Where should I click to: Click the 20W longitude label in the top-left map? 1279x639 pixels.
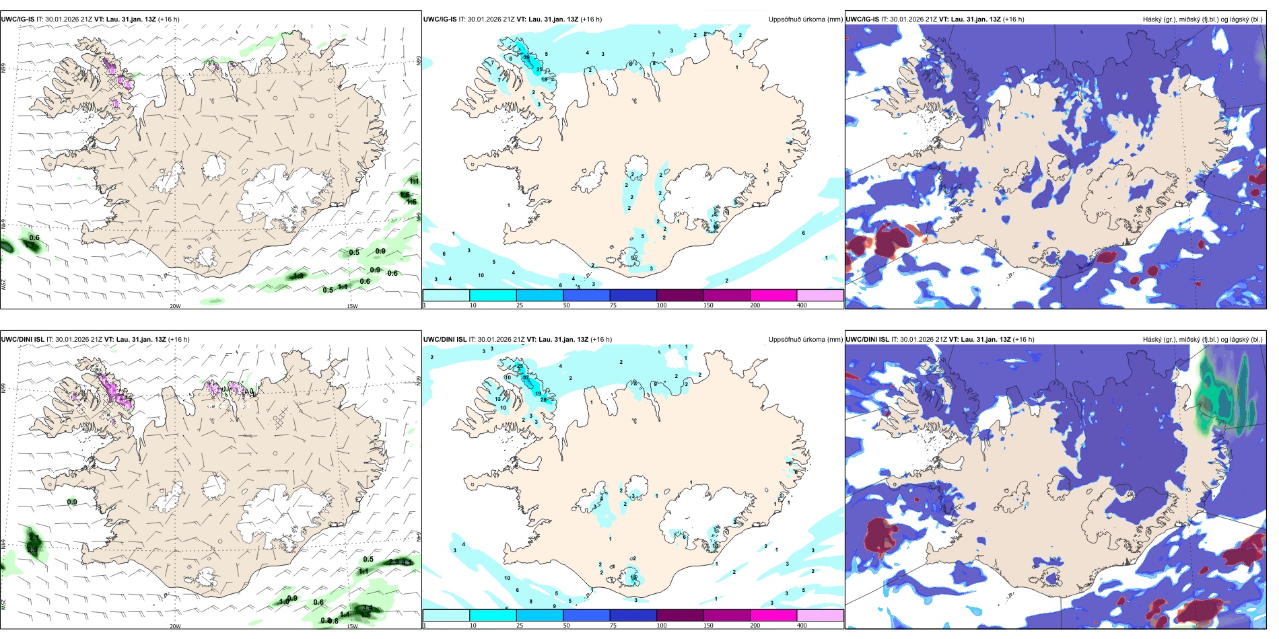(175, 306)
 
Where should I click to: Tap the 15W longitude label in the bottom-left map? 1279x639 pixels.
(352, 626)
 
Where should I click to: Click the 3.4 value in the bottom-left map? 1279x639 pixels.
(367, 608)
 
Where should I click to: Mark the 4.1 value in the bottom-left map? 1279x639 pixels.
(407, 562)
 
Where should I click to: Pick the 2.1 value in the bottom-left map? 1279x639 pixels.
(33, 537)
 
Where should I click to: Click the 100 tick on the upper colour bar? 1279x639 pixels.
(661, 305)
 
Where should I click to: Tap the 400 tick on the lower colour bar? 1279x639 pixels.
(802, 626)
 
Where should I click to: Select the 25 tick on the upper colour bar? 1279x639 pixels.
(519, 305)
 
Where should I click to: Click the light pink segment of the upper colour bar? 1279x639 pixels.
(819, 295)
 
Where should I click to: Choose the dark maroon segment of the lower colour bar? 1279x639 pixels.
(679, 615)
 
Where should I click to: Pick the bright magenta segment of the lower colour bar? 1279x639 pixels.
(773, 615)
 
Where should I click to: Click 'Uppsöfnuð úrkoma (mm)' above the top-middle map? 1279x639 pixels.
(805, 20)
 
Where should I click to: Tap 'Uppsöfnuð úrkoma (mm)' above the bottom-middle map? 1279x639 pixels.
(805, 340)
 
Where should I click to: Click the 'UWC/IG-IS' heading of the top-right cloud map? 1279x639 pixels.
(862, 20)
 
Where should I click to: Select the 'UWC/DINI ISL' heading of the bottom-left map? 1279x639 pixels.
(22, 340)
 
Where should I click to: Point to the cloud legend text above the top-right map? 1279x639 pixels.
(1202, 20)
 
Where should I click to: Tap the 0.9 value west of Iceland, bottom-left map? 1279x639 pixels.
(72, 502)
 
